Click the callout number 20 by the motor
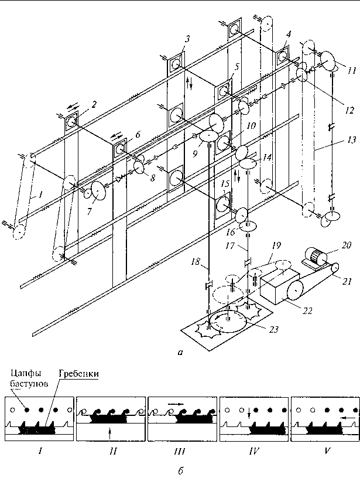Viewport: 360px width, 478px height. tap(347, 245)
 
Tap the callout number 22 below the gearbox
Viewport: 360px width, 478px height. tap(307, 310)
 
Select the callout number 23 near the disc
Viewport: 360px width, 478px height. tap(274, 329)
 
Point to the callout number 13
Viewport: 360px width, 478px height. tap(351, 140)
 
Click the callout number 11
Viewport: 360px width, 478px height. tap(351, 71)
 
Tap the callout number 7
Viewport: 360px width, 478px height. tap(89, 211)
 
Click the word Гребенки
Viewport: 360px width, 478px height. tap(79, 374)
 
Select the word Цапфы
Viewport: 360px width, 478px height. tap(26, 373)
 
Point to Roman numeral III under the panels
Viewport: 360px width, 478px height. tap(180, 451)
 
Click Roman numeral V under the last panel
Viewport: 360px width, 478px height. tap(327, 451)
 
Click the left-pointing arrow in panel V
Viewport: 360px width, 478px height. tap(347, 418)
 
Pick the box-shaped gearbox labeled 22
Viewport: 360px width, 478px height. tap(280, 286)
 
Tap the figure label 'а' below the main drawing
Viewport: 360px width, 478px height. tap(180, 353)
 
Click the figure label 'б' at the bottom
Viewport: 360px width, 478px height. tap(181, 471)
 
